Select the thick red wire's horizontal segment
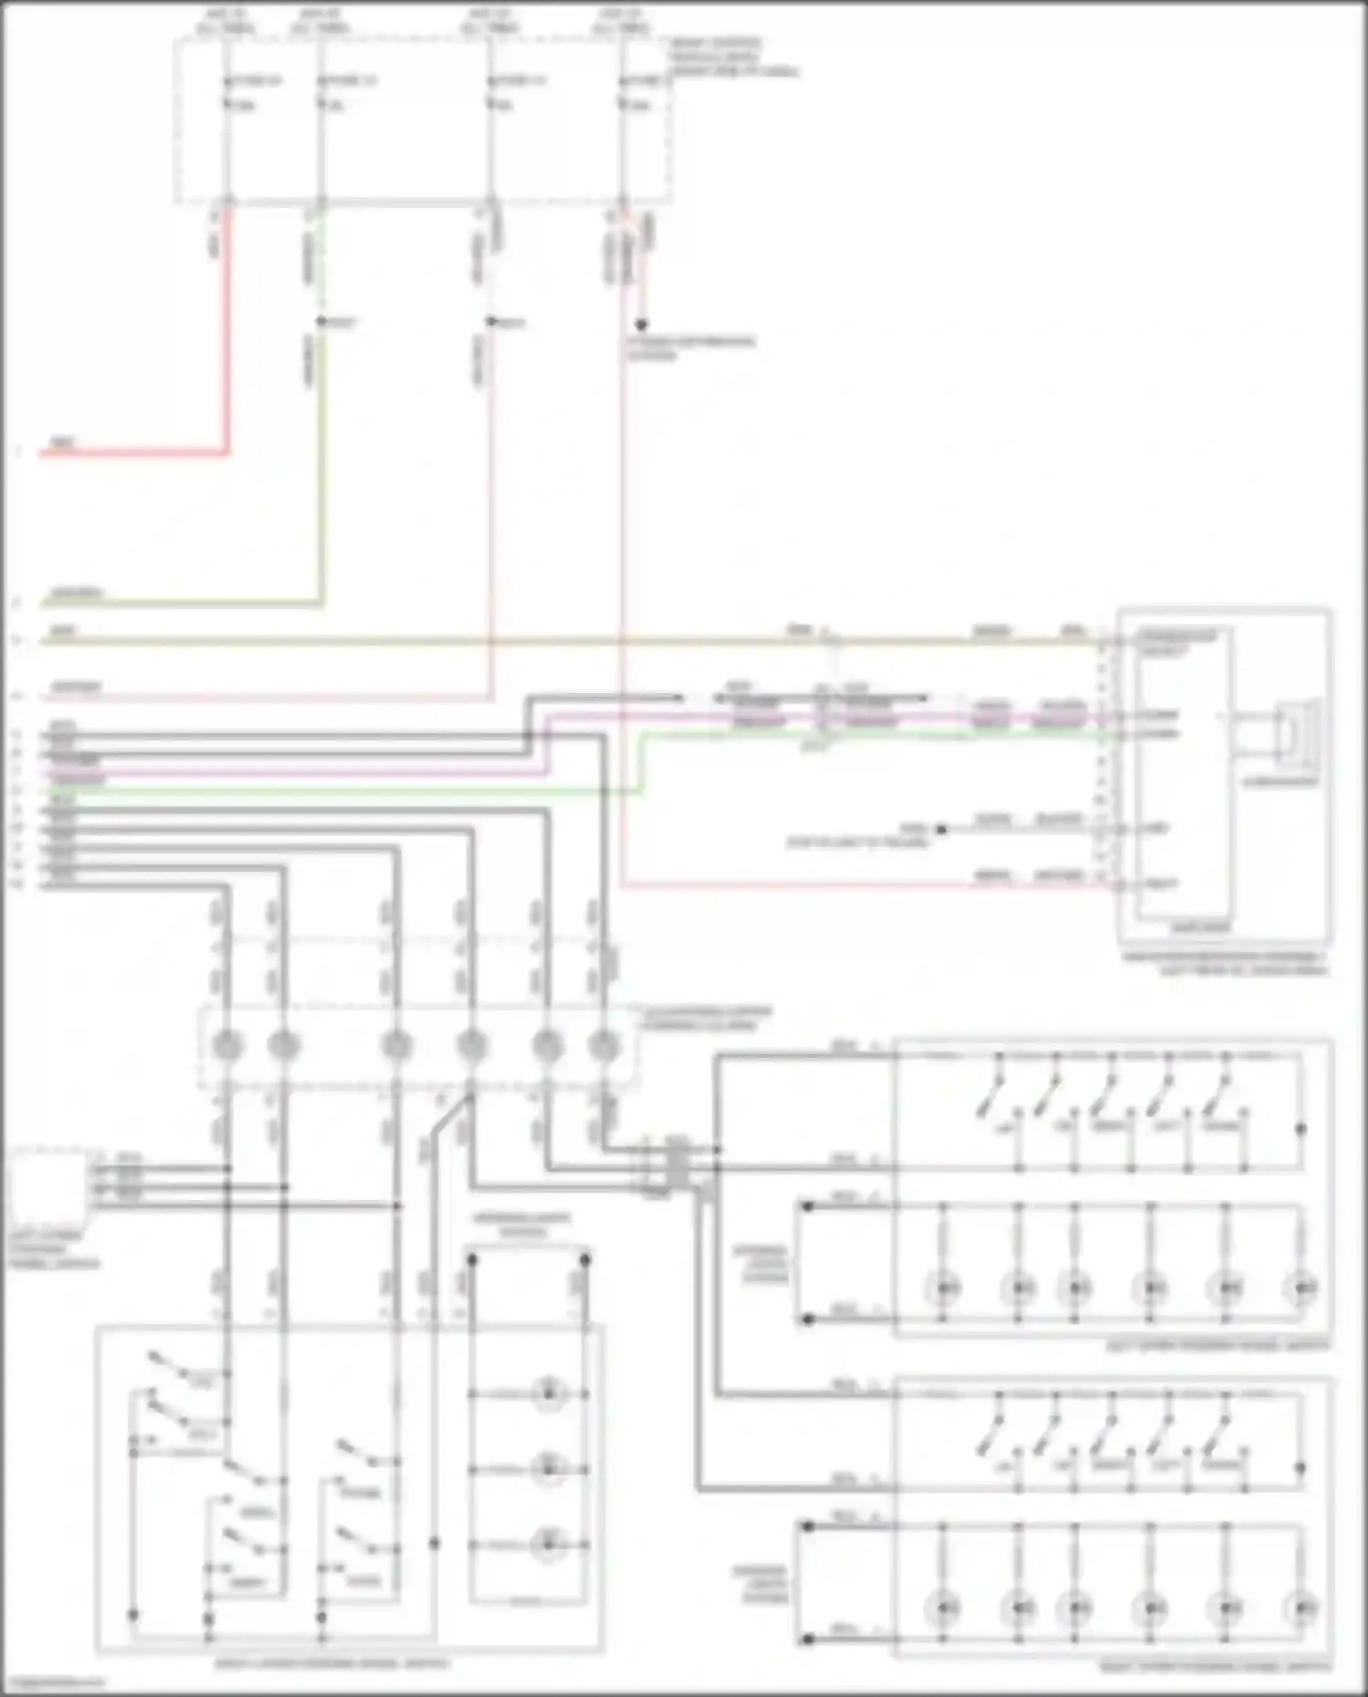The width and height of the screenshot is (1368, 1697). (x=132, y=452)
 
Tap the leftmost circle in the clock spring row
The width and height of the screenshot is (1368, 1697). (x=227, y=1046)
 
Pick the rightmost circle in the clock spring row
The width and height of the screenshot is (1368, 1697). (x=604, y=1046)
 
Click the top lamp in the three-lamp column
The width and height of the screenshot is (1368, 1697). (x=547, y=1393)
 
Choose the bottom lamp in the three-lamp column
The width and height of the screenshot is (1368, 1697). (x=547, y=1545)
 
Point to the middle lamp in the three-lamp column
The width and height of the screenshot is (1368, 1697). (x=547, y=1469)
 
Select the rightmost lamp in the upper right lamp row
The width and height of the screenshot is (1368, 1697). (x=1302, y=1288)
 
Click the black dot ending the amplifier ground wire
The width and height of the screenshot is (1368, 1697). (x=942, y=829)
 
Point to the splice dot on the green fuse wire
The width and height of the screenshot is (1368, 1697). (x=320, y=322)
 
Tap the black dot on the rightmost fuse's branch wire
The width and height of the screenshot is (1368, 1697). (x=641, y=325)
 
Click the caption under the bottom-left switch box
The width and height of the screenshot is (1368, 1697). (x=332, y=1663)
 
